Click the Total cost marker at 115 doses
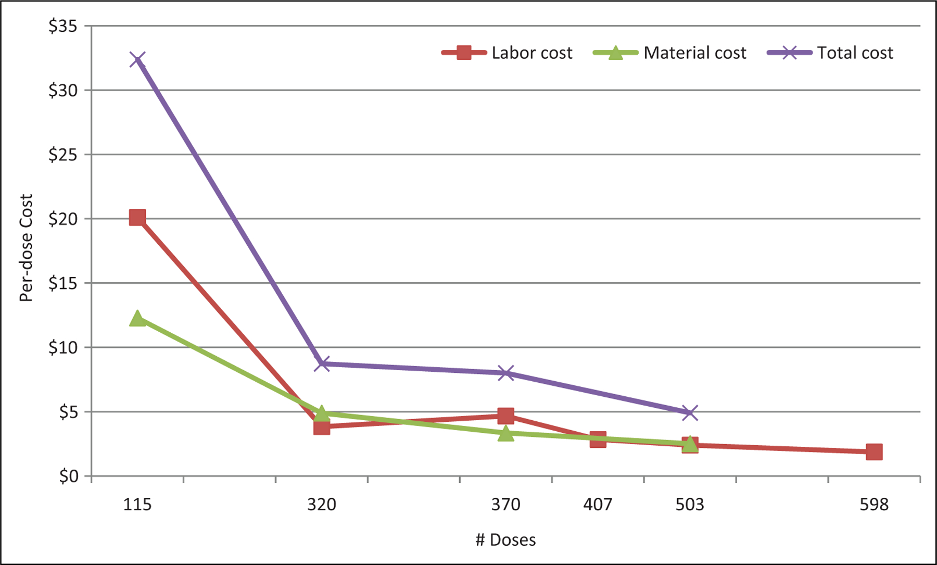(137, 60)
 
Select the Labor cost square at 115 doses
(137, 217)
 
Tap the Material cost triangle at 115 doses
(137, 318)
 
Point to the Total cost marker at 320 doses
(322, 363)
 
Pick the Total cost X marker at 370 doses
(505, 373)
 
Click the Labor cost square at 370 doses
(505, 416)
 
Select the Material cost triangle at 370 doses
(505, 433)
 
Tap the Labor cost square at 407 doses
(598, 439)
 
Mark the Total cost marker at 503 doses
(690, 413)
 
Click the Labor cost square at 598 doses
(874, 451)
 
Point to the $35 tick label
(62, 26)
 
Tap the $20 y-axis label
(62, 219)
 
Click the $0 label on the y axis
(68, 476)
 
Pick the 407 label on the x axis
(598, 504)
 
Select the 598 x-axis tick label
(874, 504)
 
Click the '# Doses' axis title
(505, 539)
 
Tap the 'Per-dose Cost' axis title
(26, 248)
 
